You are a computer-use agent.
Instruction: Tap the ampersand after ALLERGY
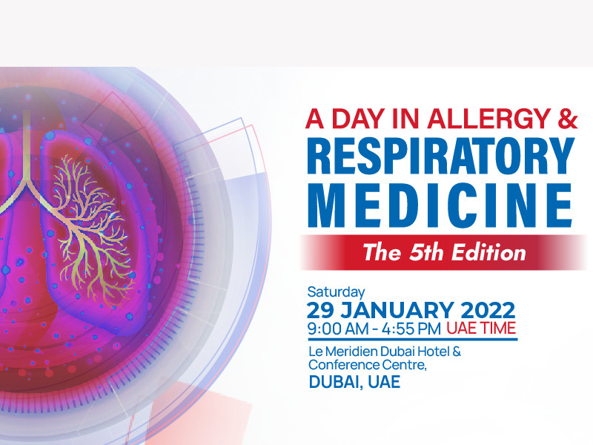pyautogui.click(x=567, y=119)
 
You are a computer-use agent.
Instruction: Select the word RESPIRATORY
pyautogui.click(x=441, y=156)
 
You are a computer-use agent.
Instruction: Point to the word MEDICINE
pyautogui.click(x=440, y=205)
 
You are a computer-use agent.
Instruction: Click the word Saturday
pyautogui.click(x=337, y=292)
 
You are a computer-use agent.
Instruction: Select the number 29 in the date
pyautogui.click(x=321, y=310)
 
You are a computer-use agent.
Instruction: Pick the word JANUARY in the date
pyautogui.click(x=397, y=310)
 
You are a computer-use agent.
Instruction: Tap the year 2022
pyautogui.click(x=488, y=310)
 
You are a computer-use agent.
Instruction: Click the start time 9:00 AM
pyautogui.click(x=338, y=329)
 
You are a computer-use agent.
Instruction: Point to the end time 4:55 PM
pyautogui.click(x=411, y=329)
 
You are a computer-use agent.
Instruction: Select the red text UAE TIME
pyautogui.click(x=481, y=328)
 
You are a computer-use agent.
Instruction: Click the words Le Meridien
pyautogui.click(x=343, y=352)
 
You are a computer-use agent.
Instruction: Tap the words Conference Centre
pyautogui.click(x=367, y=365)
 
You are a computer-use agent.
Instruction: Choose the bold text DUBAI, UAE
pyautogui.click(x=354, y=382)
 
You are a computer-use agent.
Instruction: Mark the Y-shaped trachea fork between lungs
pyautogui.click(x=26, y=182)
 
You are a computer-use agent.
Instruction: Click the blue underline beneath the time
pyautogui.click(x=412, y=339)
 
